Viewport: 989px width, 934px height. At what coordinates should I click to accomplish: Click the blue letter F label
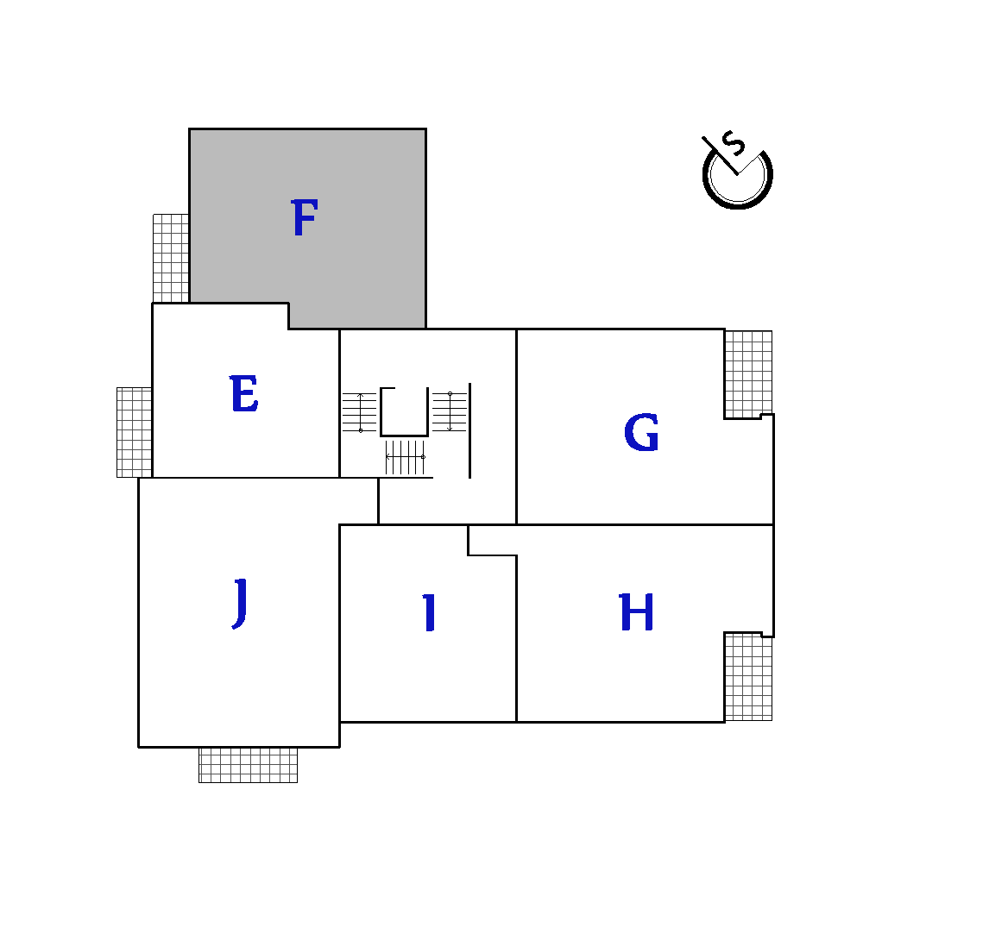pyautogui.click(x=305, y=217)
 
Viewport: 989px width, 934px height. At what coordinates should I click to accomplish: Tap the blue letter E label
pyautogui.click(x=244, y=393)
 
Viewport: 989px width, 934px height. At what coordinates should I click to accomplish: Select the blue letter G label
pyautogui.click(x=641, y=432)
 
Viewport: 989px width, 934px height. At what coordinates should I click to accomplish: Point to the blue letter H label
pyautogui.click(x=636, y=612)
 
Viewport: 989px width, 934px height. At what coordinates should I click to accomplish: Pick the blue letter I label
pyautogui.click(x=430, y=612)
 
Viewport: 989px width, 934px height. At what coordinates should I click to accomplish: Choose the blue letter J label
pyautogui.click(x=240, y=604)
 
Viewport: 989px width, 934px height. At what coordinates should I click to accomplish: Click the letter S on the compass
pyautogui.click(x=734, y=143)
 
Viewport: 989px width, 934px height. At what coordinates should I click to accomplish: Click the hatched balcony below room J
pyautogui.click(x=248, y=765)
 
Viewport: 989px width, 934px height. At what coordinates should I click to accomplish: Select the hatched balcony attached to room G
pyautogui.click(x=748, y=374)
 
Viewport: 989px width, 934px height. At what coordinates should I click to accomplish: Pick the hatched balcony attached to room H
pyautogui.click(x=748, y=677)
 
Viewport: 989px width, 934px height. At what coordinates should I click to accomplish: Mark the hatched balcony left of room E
pyautogui.click(x=135, y=432)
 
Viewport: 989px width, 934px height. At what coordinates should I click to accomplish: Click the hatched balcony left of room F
pyautogui.click(x=171, y=259)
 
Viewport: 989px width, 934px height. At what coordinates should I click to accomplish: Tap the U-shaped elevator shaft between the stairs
pyautogui.click(x=404, y=435)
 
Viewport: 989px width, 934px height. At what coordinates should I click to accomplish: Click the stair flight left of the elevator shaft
pyautogui.click(x=360, y=413)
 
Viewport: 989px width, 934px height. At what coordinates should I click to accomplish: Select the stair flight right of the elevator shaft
pyautogui.click(x=449, y=411)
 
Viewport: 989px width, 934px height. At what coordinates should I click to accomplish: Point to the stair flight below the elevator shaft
pyautogui.click(x=406, y=457)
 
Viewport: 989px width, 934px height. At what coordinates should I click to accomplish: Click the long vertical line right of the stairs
pyautogui.click(x=469, y=430)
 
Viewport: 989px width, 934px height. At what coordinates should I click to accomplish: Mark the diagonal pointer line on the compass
pyautogui.click(x=720, y=155)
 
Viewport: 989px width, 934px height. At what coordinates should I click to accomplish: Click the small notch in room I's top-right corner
pyautogui.click(x=492, y=540)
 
